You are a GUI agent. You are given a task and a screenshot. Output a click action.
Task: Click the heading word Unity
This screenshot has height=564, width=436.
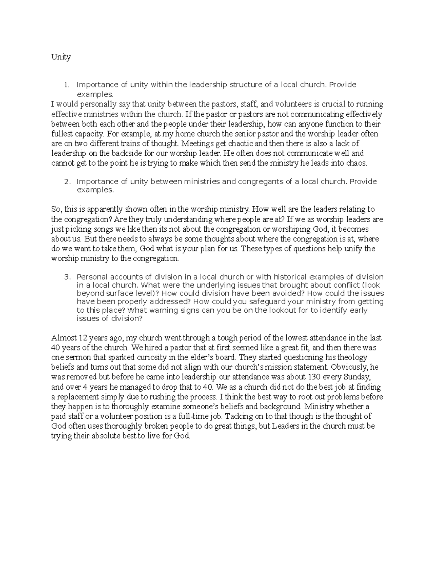61,57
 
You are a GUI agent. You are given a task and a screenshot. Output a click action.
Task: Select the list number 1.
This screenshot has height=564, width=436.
66,85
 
